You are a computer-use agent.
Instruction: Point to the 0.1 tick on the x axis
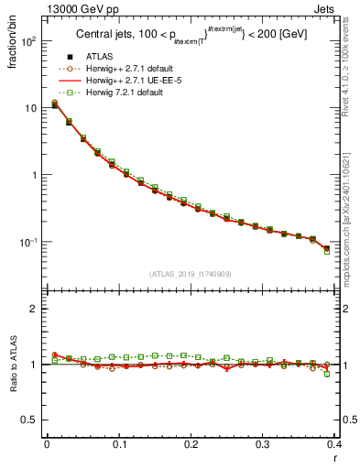119,446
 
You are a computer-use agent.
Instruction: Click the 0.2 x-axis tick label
191,446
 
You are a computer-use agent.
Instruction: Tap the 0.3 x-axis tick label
263,446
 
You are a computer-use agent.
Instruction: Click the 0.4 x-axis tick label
334,446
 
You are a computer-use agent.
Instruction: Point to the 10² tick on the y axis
28,41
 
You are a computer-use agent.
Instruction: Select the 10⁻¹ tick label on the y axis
28,243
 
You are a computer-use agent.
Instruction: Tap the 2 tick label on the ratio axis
34,309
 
